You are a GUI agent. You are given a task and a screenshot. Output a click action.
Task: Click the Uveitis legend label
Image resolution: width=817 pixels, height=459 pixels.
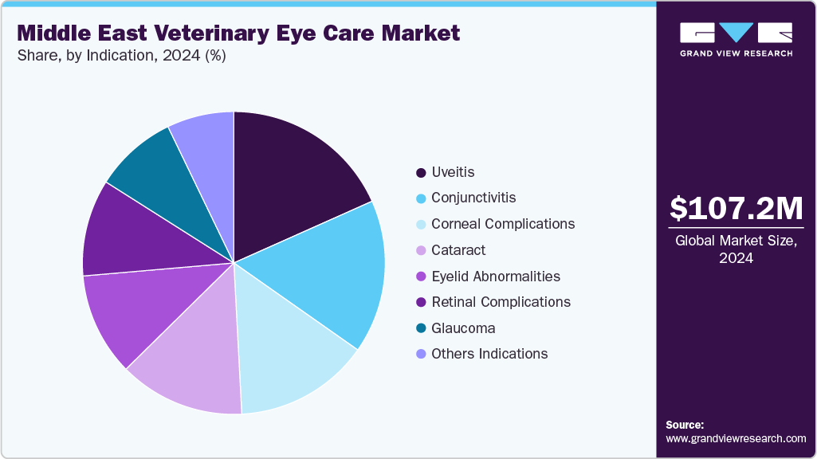453,172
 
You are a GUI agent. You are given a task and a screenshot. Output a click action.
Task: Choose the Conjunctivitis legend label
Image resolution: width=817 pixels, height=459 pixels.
473,198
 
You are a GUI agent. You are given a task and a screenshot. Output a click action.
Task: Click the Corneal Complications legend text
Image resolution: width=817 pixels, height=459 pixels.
502,224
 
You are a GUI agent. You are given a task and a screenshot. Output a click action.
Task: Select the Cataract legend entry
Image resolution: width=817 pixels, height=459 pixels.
458,250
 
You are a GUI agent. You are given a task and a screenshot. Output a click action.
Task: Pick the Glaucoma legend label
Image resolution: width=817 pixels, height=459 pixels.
463,328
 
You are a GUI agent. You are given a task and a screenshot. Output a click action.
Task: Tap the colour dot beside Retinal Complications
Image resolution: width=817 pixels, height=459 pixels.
420,302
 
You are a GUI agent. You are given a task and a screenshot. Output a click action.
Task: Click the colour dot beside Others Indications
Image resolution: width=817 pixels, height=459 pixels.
420,354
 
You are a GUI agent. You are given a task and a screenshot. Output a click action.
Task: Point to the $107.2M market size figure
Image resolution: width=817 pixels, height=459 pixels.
736,209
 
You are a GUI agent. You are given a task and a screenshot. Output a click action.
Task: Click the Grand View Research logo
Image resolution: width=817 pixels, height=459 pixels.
736,39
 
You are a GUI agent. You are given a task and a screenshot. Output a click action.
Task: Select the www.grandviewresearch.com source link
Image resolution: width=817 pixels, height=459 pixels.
736,438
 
